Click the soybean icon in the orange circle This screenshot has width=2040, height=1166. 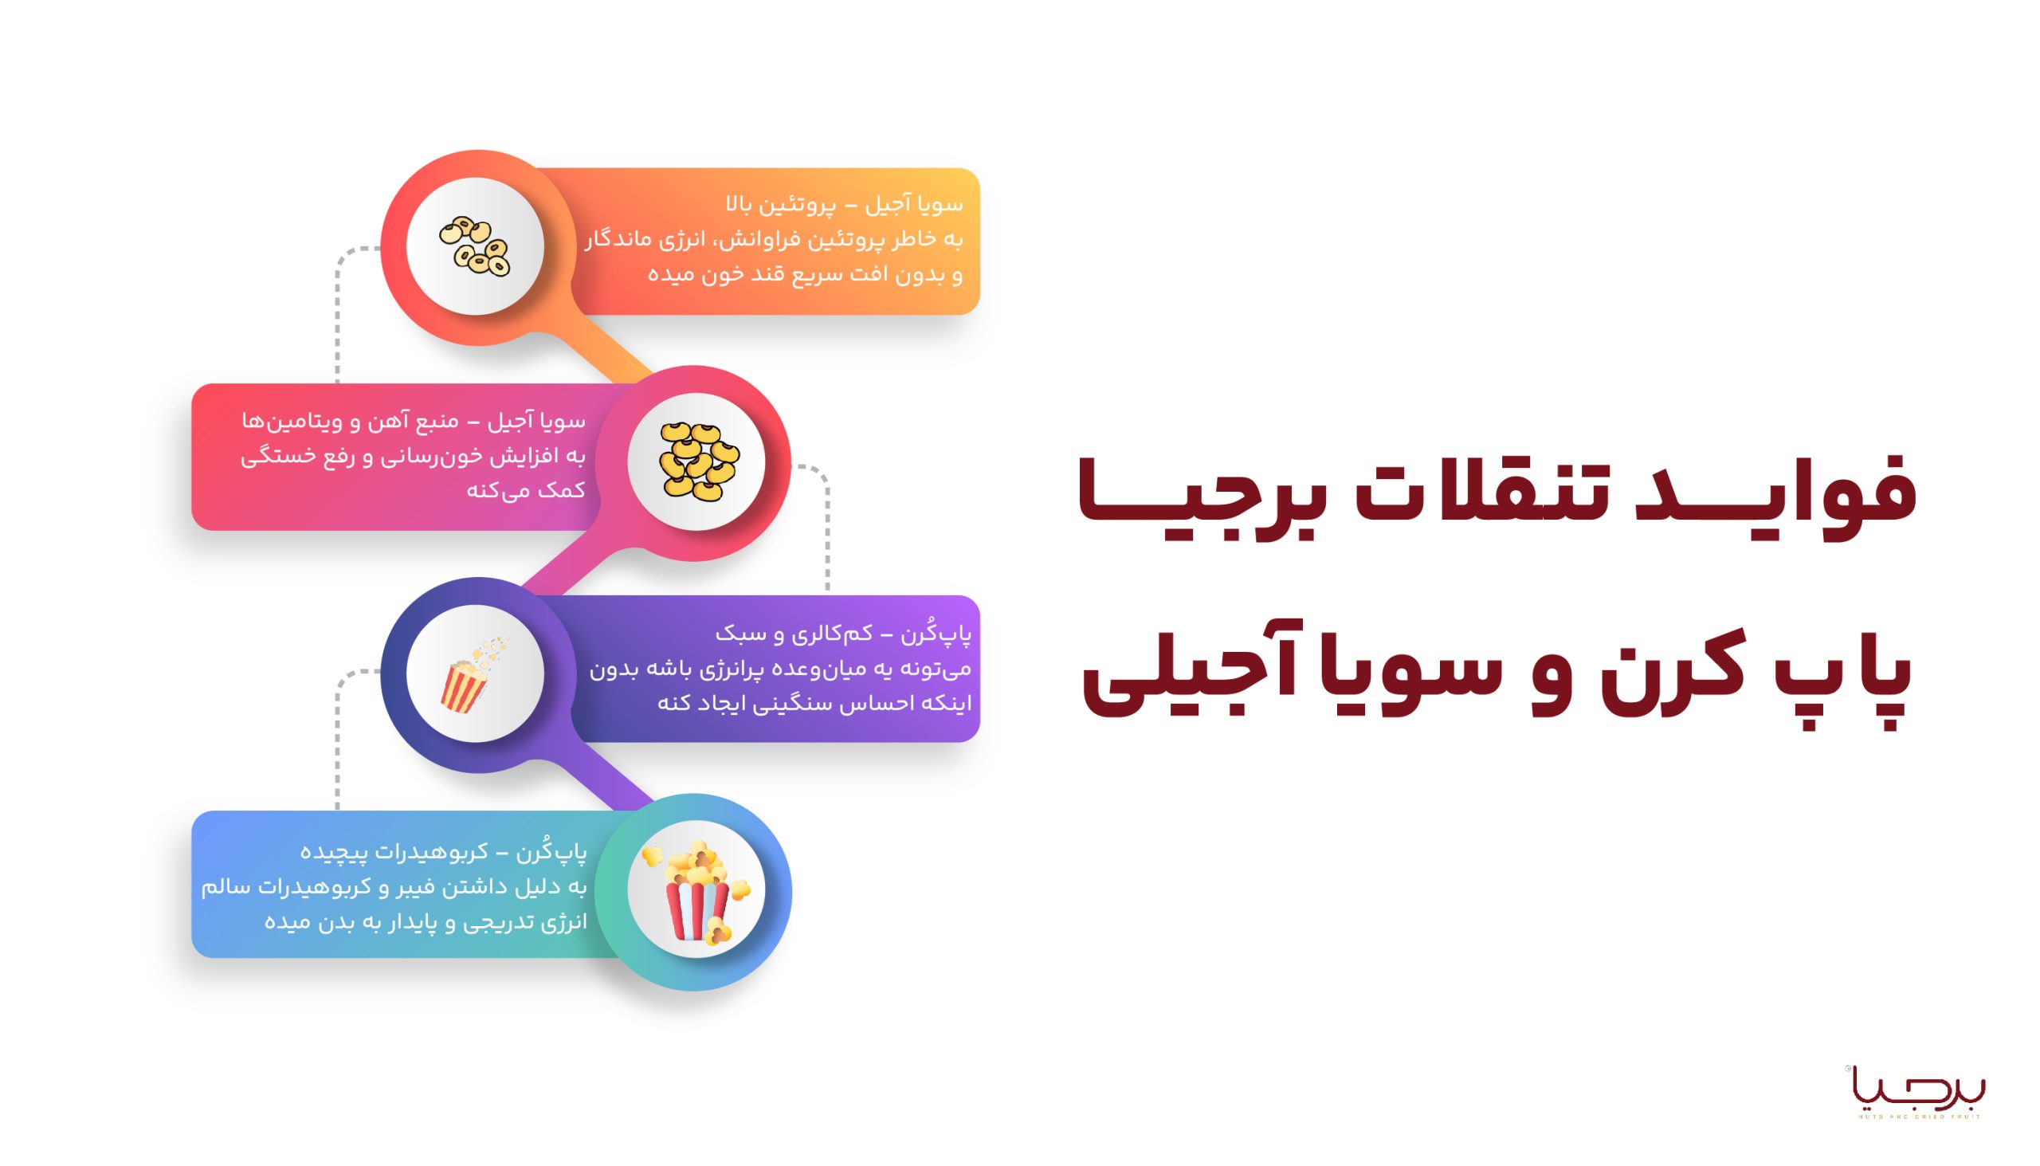(x=475, y=245)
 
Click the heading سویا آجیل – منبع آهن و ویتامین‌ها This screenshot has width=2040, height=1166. (x=414, y=421)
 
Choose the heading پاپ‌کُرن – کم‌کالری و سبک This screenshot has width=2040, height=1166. (x=843, y=634)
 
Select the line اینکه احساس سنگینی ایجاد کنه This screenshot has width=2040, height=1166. (x=814, y=703)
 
